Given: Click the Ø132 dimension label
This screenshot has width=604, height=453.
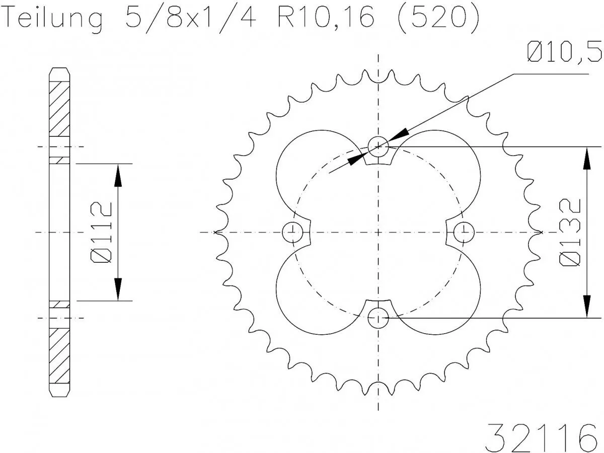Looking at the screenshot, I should click(x=571, y=232).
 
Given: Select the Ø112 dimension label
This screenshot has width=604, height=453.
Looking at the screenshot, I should click(x=101, y=232).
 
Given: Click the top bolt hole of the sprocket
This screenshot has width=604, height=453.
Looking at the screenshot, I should click(x=378, y=146).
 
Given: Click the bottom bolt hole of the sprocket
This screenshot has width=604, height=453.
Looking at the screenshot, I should click(x=378, y=318).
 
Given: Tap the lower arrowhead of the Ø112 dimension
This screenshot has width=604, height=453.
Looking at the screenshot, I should click(x=118, y=289).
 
